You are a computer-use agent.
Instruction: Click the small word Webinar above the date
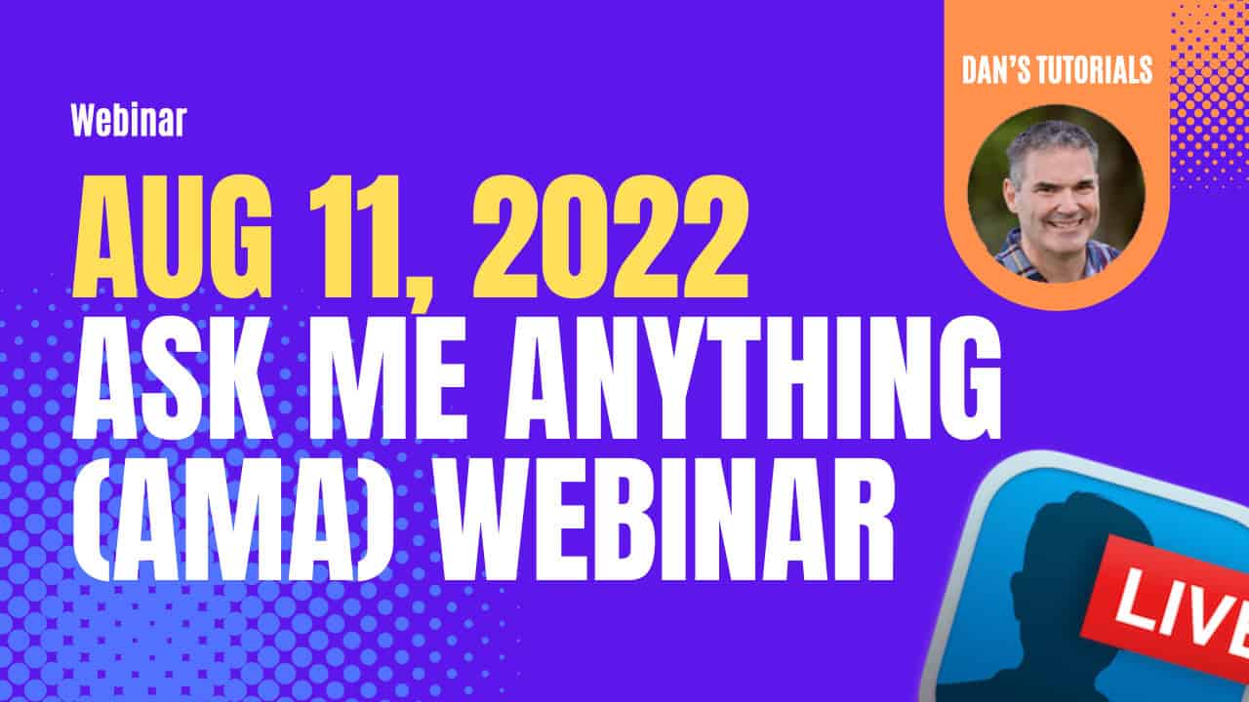[x=129, y=120]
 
